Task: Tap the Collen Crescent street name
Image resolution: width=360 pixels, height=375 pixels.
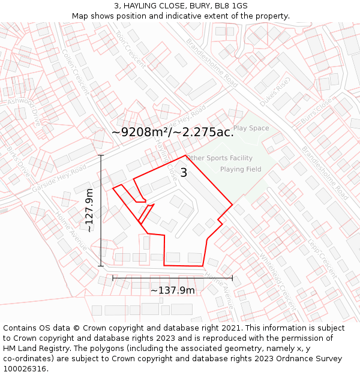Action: (76, 71)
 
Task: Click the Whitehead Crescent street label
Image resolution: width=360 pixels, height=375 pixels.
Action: (277, 280)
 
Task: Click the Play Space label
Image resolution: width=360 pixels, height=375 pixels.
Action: (251, 128)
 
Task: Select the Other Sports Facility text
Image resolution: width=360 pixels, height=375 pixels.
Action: (219, 158)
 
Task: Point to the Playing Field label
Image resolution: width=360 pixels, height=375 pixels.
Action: (241, 169)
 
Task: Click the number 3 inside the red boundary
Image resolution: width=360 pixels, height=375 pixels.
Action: (184, 173)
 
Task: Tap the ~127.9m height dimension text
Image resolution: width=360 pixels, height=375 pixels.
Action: (89, 211)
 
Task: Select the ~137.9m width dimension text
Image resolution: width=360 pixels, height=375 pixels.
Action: (172, 290)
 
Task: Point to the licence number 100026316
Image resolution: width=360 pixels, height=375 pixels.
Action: (25, 368)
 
